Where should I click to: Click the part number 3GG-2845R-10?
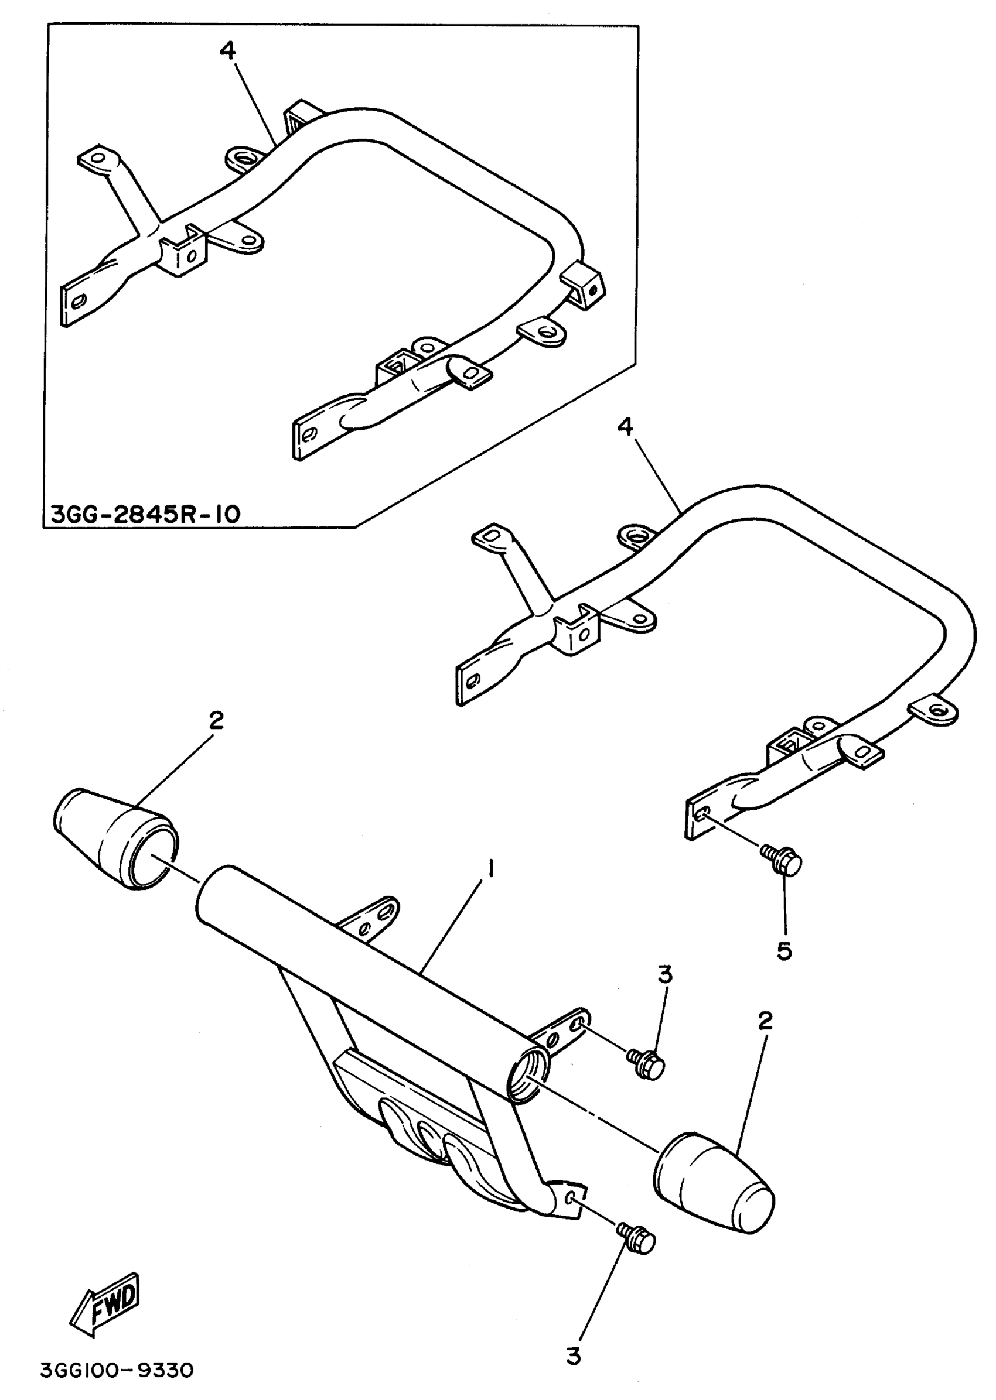(x=145, y=514)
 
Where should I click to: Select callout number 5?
(x=784, y=951)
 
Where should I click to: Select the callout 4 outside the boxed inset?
(x=625, y=427)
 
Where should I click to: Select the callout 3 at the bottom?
(x=573, y=1355)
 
